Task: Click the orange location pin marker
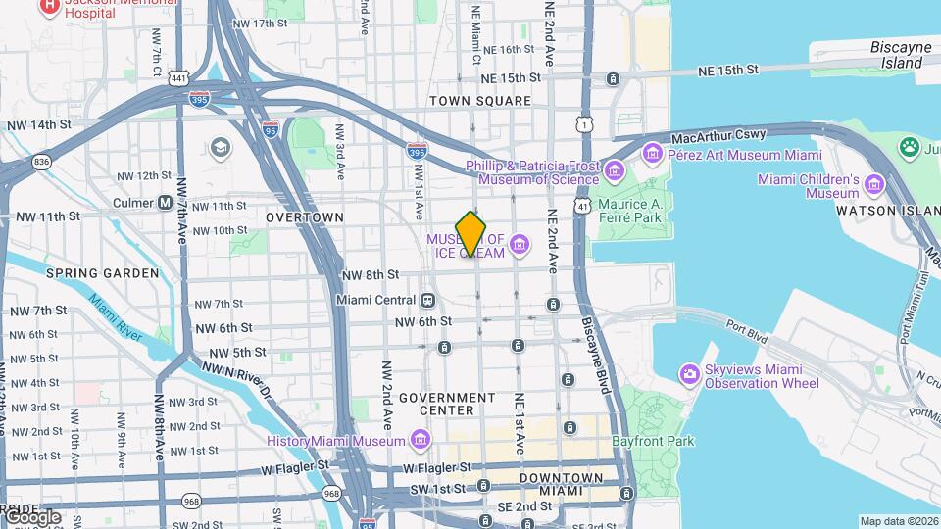point(471,234)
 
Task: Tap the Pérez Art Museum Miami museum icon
point(653,154)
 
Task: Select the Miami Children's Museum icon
point(874,181)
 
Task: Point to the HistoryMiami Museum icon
point(420,441)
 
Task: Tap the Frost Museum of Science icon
point(615,172)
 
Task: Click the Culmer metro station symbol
point(166,203)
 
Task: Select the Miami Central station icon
point(427,300)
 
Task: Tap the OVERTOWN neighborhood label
point(305,216)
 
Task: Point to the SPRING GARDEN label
point(102,273)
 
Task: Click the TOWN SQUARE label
point(480,101)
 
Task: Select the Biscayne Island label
point(900,55)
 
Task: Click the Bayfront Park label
point(653,441)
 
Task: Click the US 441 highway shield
point(177,77)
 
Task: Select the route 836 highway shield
point(40,161)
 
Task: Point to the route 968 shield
point(191,502)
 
